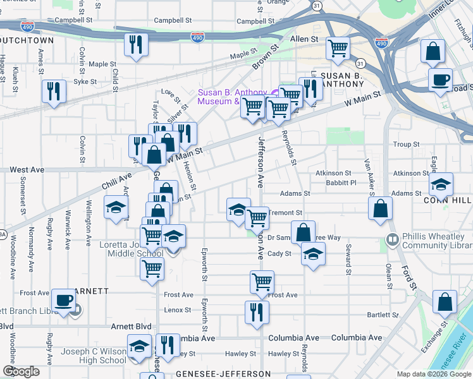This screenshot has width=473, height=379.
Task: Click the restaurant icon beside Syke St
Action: tap(53, 91)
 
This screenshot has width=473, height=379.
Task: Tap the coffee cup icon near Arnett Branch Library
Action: tap(63, 300)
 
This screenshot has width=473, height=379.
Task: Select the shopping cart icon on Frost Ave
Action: tap(262, 282)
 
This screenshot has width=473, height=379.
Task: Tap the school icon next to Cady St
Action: tap(312, 254)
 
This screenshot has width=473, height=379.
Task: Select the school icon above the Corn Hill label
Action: tap(441, 184)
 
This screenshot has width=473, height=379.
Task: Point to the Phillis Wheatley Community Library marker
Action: tap(392, 239)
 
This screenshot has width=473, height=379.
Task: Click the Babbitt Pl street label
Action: tap(342, 183)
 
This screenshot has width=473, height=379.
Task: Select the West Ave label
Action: tap(27, 170)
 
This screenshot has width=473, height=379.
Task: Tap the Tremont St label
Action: tap(285, 213)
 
